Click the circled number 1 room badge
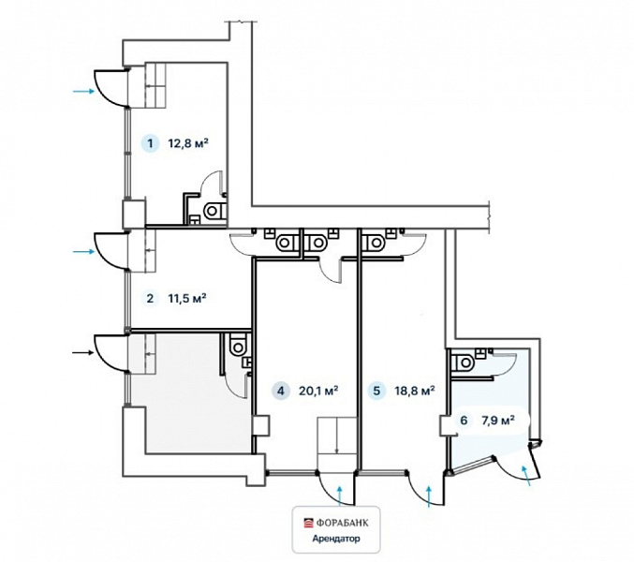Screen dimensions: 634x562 (x=151, y=143)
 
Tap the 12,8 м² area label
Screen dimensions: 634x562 (x=188, y=143)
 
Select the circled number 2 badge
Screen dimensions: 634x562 (x=150, y=299)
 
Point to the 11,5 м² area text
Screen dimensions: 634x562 (x=187, y=299)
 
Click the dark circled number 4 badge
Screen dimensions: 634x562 (x=281, y=391)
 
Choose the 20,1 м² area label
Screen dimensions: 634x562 (x=318, y=391)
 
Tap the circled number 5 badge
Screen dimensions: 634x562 (x=376, y=391)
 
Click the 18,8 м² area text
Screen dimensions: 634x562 (x=415, y=391)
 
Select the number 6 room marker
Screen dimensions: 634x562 (x=464, y=421)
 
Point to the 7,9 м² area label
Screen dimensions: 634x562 (x=497, y=420)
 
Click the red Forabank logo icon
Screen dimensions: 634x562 (x=308, y=523)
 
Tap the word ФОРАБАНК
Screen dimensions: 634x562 (x=342, y=523)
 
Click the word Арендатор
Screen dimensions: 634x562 (x=336, y=539)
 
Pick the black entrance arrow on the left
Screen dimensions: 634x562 (x=83, y=353)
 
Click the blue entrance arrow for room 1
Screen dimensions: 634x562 (x=83, y=92)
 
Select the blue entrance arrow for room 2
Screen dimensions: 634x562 (x=83, y=251)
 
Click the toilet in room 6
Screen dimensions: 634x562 (x=463, y=362)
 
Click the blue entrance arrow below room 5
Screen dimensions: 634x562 (x=430, y=496)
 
